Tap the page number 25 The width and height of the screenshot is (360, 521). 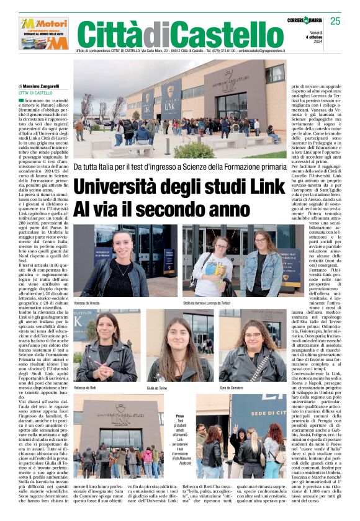pyautogui.click(x=335, y=21)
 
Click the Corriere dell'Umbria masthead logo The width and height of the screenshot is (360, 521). pyautogui.click(x=307, y=20)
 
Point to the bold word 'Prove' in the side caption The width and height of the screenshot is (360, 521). pyautogui.click(x=180, y=416)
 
